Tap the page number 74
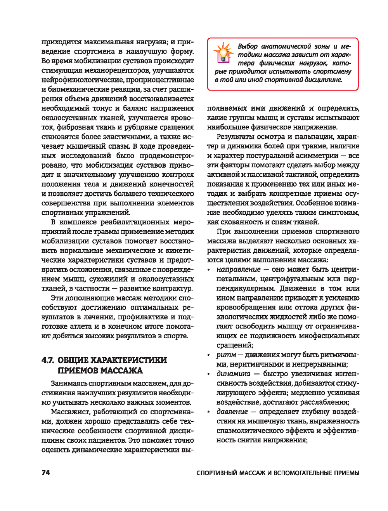coord(46,473)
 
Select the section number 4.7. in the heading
coord(48,360)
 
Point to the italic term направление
coord(238,269)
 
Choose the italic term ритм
coord(226,355)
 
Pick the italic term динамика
coord(233,374)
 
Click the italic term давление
coord(232,412)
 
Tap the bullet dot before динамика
coord(209,374)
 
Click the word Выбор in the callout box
coord(248,46)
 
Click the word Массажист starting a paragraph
coord(70,412)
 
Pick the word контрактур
coord(172,289)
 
